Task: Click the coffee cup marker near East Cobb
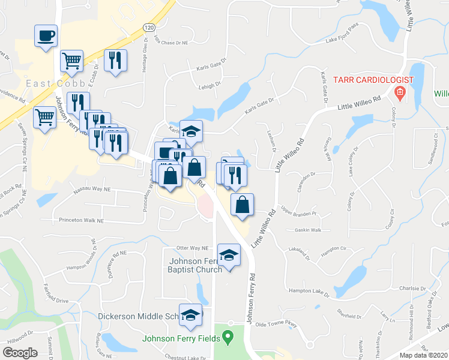46,37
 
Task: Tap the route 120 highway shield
149,27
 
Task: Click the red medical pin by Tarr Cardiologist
400,93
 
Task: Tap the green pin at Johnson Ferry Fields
228,338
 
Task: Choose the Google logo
20,352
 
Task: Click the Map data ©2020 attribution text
423,355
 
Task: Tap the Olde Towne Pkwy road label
276,324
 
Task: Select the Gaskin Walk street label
308,230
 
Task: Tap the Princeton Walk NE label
81,221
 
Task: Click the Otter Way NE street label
191,248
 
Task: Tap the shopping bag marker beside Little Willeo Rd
241,204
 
